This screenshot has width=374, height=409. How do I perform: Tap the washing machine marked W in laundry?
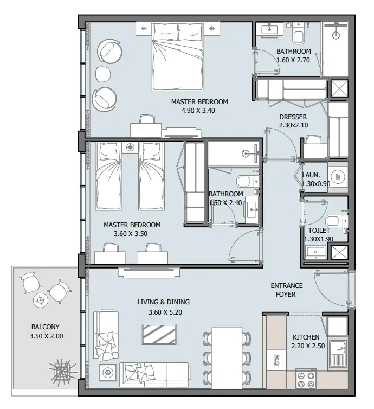(x=338, y=177)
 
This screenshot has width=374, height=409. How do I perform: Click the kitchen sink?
(x=338, y=354)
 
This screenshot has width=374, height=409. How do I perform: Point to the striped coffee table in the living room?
(x=159, y=334)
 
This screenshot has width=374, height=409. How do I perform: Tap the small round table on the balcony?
(x=41, y=301)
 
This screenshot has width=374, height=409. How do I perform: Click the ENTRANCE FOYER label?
(x=287, y=290)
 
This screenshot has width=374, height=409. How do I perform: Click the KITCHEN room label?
(x=306, y=337)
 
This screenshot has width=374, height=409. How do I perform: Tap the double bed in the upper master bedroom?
(x=178, y=56)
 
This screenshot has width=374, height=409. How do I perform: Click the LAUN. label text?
(x=311, y=175)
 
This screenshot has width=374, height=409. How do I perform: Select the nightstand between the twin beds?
(x=130, y=148)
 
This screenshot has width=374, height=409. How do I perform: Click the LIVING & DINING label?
(x=163, y=302)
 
